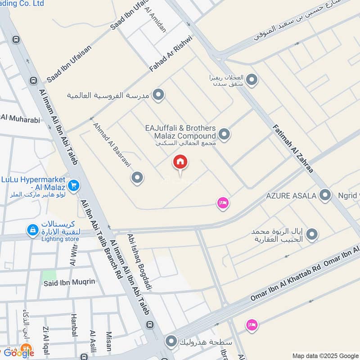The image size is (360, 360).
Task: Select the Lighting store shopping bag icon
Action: click(x=32, y=230)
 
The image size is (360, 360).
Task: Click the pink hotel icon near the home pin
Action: click(x=222, y=203)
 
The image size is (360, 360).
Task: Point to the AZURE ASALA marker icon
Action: click(x=324, y=195)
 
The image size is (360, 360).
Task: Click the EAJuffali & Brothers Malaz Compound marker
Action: click(x=224, y=134)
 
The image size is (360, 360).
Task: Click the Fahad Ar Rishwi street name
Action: click(x=171, y=55)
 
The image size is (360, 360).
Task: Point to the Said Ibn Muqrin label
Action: click(x=69, y=282)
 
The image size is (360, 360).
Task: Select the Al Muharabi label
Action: click(x=21, y=119)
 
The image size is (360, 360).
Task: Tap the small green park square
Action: click(x=49, y=275)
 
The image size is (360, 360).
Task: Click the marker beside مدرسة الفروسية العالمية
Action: click(x=158, y=95)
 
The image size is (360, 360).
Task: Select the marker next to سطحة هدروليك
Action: click(x=171, y=342)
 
